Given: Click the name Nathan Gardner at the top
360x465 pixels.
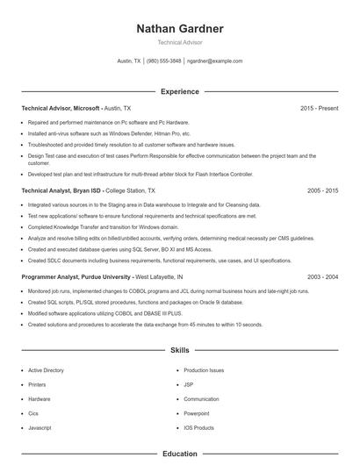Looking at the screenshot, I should [180, 29].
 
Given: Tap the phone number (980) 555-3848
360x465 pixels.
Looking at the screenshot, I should [164, 61].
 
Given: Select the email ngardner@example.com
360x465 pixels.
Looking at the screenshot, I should [215, 61].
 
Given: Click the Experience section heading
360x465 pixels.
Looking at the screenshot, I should [180, 91].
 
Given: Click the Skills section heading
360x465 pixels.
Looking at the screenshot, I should [180, 349].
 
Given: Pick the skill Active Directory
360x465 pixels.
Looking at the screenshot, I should [47, 370].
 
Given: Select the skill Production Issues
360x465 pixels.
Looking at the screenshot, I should [205, 370].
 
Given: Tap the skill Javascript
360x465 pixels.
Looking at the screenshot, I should [40, 427].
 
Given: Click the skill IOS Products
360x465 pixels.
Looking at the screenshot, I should [199, 427].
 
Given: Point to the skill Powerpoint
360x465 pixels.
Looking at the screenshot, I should [197, 413].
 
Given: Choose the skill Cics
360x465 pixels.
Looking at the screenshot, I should [33, 413].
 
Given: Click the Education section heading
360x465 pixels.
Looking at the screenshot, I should [180, 454].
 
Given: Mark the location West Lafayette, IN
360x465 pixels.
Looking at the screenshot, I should [159, 275].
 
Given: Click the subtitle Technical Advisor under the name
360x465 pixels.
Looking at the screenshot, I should [180, 43].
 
